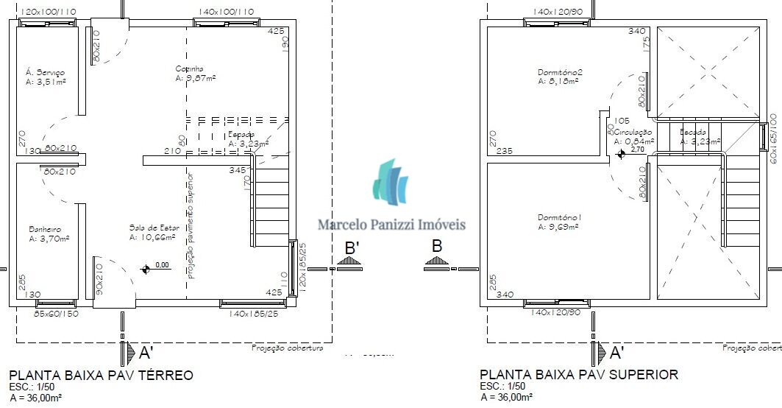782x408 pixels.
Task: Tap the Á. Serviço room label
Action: coord(46,72)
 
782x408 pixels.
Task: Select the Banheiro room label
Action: coord(45,228)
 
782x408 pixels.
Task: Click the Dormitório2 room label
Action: coord(560,72)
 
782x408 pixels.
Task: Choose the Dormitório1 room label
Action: coord(560,217)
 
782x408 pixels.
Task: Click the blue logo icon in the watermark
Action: coord(390,182)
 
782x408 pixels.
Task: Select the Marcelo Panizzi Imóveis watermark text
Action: coord(391,225)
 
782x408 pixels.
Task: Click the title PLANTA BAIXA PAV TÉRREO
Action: coord(101,375)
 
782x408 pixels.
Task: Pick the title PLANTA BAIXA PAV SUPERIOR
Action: coord(579,375)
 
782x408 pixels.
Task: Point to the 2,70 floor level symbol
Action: coord(622,153)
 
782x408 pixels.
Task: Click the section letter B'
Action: coord(352,248)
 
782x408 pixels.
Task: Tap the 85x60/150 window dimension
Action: coord(56,314)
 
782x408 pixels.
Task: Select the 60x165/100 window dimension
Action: coord(774,138)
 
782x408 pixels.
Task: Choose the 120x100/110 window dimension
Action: coord(49,12)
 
